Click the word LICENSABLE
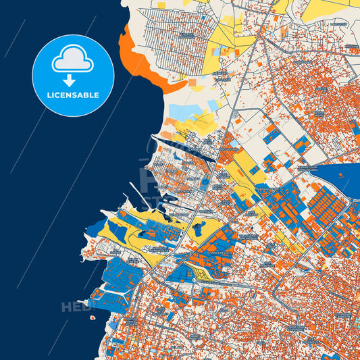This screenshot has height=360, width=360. [73, 95]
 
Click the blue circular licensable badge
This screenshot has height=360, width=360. [73, 76]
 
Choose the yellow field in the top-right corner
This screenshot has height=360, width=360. [331, 9]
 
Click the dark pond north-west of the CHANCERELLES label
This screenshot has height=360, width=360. [199, 230]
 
